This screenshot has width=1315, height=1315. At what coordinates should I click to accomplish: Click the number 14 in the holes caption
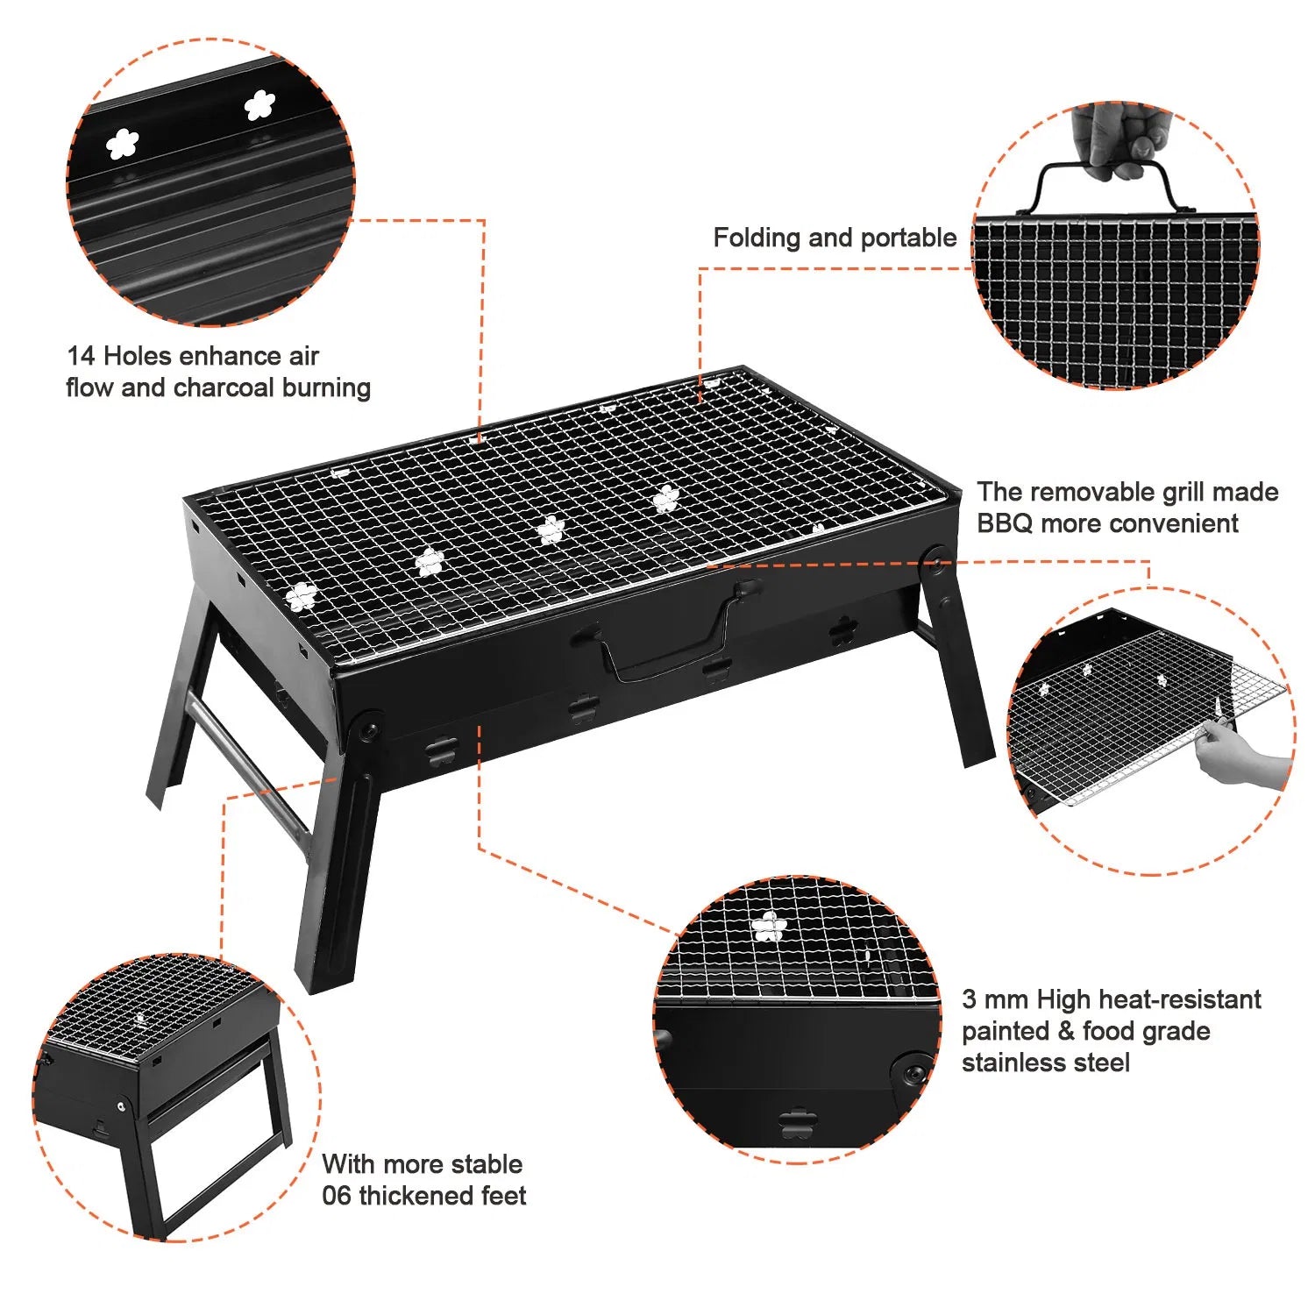pyautogui.click(x=81, y=356)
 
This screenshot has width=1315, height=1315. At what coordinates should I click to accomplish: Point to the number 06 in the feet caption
pyautogui.click(x=337, y=1196)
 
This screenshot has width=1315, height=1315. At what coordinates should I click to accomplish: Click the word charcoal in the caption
pyautogui.click(x=224, y=387)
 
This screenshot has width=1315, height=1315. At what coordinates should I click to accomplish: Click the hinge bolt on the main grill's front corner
pyautogui.click(x=366, y=728)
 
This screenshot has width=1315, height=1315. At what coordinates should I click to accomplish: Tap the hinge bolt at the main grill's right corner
pyautogui.click(x=936, y=559)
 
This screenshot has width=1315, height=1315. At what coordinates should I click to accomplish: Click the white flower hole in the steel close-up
pyautogui.click(x=769, y=927)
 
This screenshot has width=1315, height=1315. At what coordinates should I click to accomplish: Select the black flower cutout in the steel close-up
pyautogui.click(x=796, y=1124)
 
